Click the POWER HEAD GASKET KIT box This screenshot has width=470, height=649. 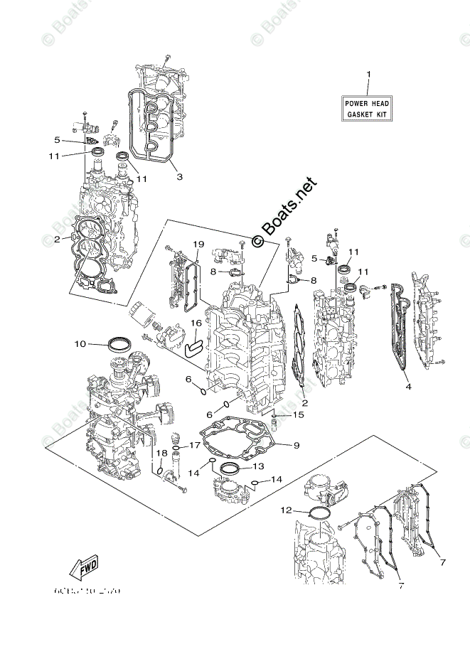(x=368, y=109)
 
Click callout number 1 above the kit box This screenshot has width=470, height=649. (x=368, y=75)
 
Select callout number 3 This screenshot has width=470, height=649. (x=179, y=176)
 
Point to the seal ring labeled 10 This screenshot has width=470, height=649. (x=119, y=344)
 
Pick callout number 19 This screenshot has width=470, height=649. (x=198, y=245)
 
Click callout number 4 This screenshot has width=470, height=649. (x=408, y=387)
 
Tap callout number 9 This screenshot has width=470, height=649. (x=297, y=446)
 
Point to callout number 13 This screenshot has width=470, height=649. (x=257, y=467)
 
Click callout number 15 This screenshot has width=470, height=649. (x=299, y=414)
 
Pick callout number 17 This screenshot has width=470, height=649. (x=194, y=445)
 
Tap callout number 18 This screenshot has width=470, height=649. (x=162, y=453)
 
